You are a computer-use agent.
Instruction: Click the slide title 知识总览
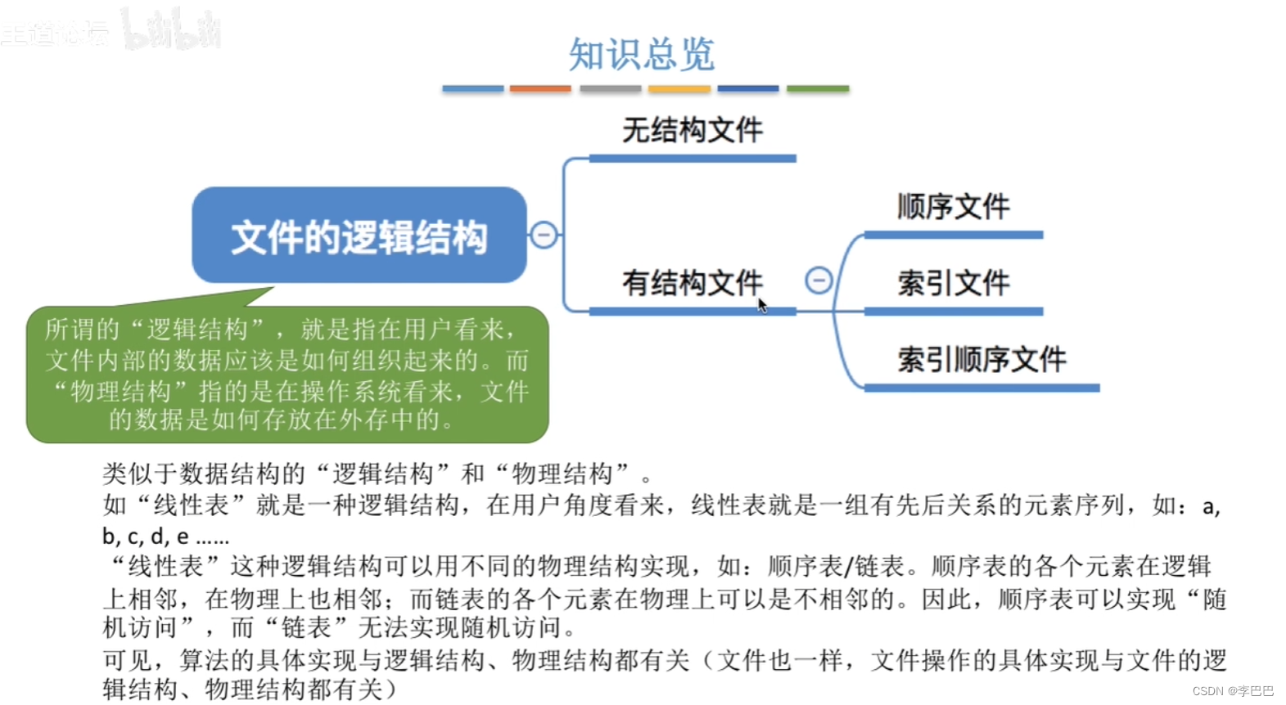[642, 55]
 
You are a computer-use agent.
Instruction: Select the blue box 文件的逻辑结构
[359, 236]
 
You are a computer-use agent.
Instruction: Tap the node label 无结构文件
[692, 130]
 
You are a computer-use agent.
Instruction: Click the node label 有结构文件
[692, 283]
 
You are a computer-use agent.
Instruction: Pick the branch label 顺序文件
[953, 206]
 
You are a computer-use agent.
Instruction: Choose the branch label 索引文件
[953, 283]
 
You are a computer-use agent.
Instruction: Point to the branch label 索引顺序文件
[981, 359]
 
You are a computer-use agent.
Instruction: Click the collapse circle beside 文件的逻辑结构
[544, 235]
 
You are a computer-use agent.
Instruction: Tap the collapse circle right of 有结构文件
[819, 281]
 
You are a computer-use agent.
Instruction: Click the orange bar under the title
[540, 88]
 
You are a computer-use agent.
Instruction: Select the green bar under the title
[818, 88]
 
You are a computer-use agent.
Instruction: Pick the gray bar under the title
[611, 88]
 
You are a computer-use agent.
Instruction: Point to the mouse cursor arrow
[762, 305]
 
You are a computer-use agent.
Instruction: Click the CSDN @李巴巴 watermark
[1233, 691]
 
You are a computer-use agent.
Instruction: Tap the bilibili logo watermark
[172, 30]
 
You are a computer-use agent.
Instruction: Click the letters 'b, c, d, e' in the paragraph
[146, 537]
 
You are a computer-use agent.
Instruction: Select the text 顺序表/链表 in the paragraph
[836, 566]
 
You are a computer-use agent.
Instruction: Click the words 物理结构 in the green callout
[120, 391]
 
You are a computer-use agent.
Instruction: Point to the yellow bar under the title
[679, 88]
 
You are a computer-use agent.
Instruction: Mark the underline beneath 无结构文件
[692, 159]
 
